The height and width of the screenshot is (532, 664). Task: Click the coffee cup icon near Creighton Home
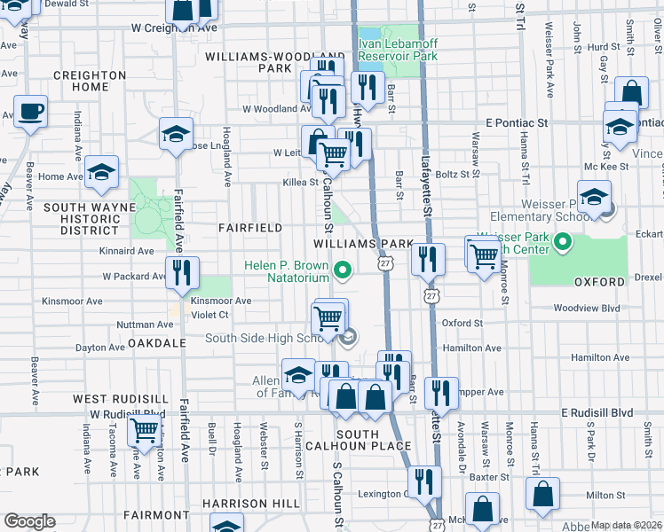pyautogui.click(x=30, y=112)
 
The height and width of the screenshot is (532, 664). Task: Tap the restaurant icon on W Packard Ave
pyautogui.click(x=182, y=273)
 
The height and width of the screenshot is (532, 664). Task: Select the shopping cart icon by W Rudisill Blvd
pyautogui.click(x=144, y=432)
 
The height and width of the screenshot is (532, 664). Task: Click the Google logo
pyautogui.click(x=29, y=520)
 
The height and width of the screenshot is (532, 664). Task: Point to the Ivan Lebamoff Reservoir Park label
pyautogui.click(x=398, y=50)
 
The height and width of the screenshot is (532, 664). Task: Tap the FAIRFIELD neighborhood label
pyautogui.click(x=250, y=228)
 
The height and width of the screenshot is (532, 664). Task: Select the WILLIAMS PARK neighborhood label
pyautogui.click(x=362, y=243)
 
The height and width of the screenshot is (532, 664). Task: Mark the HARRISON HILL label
pyautogui.click(x=250, y=504)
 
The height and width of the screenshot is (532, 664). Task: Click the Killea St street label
pyautogui.click(x=300, y=183)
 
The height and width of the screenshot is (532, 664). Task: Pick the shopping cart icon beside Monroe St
pyautogui.click(x=482, y=256)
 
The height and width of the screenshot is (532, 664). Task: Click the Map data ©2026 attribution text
pyautogui.click(x=627, y=525)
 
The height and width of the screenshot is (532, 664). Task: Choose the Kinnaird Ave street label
pyautogui.click(x=127, y=251)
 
